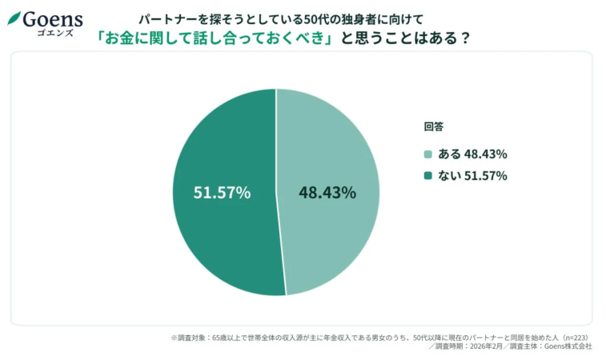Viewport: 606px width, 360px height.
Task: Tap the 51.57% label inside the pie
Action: coord(222,192)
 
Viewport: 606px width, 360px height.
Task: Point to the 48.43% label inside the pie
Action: coord(327,192)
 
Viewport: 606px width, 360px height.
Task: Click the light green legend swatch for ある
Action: coord(428,154)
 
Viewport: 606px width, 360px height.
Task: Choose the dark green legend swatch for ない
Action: coord(428,176)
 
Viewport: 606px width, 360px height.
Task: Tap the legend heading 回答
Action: coord(433,126)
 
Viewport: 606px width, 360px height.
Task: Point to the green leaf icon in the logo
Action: coord(14,18)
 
